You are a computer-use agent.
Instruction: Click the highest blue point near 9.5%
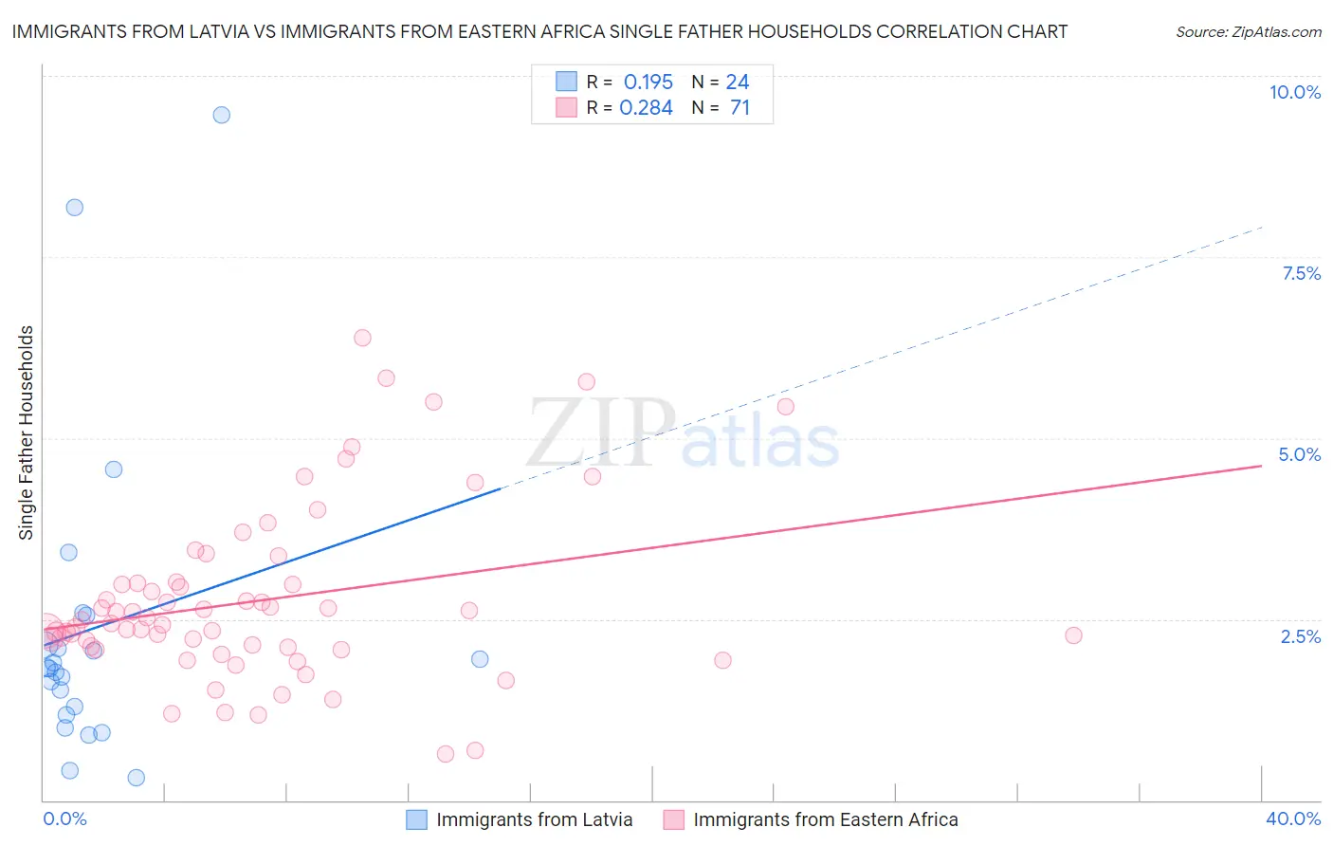(222, 115)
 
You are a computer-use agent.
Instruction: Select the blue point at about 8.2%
(75, 208)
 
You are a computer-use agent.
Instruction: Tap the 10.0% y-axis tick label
(1294, 92)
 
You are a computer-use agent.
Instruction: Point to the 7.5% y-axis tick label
(1301, 273)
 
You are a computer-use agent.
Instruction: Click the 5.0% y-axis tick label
(1299, 454)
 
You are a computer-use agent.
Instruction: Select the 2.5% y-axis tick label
(1300, 636)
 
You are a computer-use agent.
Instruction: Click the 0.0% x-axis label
(64, 818)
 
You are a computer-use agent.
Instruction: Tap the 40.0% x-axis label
(1292, 818)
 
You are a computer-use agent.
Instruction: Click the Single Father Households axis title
(27, 432)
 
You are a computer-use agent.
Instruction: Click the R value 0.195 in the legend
(648, 83)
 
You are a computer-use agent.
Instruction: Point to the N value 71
(740, 108)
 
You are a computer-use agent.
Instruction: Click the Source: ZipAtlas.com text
(1248, 32)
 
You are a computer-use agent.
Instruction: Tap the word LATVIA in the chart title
(217, 32)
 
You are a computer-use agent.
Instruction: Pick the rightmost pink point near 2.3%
(1073, 635)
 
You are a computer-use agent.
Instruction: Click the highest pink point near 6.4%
(362, 338)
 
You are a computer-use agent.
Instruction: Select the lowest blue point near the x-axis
(137, 778)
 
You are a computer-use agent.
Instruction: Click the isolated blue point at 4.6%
(114, 469)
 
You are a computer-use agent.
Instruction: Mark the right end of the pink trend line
(1261, 466)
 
